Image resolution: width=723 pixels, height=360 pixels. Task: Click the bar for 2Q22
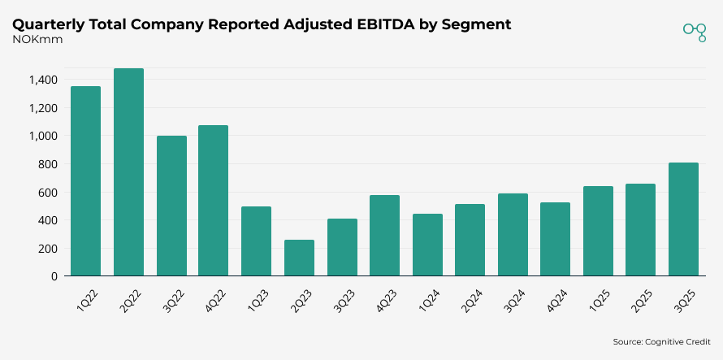pyautogui.click(x=128, y=172)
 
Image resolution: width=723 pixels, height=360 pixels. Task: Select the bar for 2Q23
pyautogui.click(x=299, y=258)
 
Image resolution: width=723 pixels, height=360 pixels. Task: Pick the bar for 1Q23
pyautogui.click(x=257, y=241)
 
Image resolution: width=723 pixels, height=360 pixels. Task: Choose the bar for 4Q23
pyautogui.click(x=384, y=236)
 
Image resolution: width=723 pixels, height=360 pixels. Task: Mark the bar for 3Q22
pyautogui.click(x=171, y=206)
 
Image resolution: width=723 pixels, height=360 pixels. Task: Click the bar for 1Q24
pyautogui.click(x=427, y=245)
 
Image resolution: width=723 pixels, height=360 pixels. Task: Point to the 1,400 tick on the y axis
pyautogui.click(x=43, y=80)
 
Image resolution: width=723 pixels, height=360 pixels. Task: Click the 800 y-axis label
pyautogui.click(x=48, y=164)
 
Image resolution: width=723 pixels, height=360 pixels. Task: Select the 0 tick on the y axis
pyautogui.click(x=54, y=276)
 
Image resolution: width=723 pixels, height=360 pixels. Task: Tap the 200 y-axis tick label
pyautogui.click(x=48, y=249)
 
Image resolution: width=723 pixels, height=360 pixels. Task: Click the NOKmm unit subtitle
pyautogui.click(x=32, y=39)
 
